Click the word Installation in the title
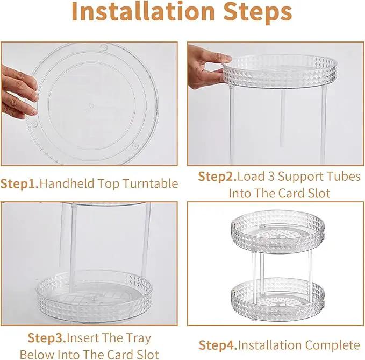[143, 12]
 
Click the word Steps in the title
[257, 13]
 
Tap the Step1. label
[19, 184]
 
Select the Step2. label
[217, 177]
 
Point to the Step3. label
[47, 338]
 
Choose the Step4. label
[218, 345]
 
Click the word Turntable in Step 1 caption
[151, 183]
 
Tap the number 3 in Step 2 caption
[271, 177]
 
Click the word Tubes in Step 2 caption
[343, 177]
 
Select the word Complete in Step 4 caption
[333, 345]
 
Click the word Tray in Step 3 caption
[139, 338]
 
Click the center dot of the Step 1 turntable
[91, 106]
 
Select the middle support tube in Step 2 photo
[283, 119]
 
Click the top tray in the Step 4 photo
[277, 232]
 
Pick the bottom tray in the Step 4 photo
[277, 299]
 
